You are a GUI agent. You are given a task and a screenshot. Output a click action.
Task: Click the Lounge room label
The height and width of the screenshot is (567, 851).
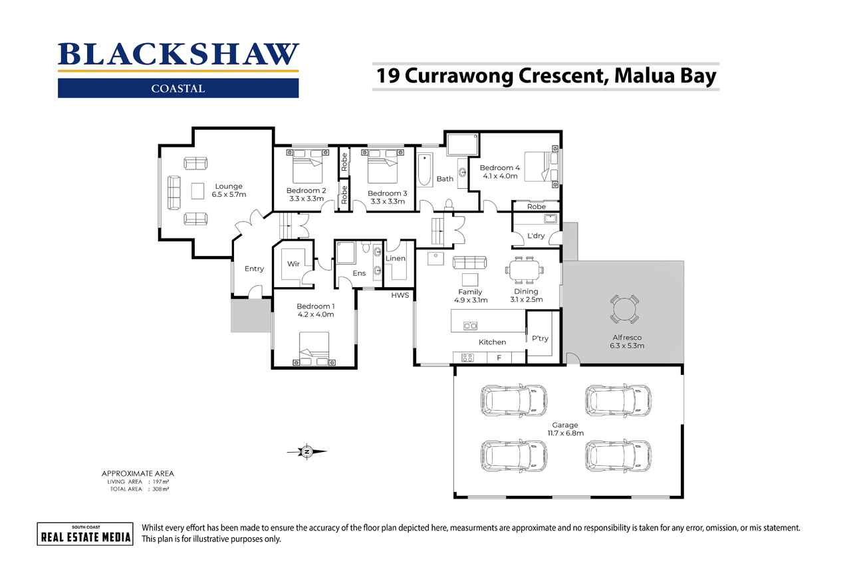coord(229,187)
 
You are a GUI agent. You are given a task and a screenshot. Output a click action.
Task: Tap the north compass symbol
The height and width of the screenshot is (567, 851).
coord(307,452)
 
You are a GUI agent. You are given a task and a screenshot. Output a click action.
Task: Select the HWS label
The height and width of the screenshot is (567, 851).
coord(400,295)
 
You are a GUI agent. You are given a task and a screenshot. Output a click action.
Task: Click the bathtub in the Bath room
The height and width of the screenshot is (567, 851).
coord(424,170)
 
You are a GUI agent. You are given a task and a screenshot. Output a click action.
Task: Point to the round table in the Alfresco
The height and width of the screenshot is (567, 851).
coord(624,309)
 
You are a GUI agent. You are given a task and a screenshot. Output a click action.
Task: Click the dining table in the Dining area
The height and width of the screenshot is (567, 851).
coord(525,271)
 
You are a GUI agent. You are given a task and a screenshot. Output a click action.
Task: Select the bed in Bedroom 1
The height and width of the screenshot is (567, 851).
coord(314,348)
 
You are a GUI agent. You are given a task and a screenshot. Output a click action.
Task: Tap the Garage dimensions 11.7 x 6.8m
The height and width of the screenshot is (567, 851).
coord(566,433)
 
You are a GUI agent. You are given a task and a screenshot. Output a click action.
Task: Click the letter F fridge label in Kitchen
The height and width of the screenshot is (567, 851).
coord(499,358)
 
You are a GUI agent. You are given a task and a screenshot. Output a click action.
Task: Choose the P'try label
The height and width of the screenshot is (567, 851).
coord(540,338)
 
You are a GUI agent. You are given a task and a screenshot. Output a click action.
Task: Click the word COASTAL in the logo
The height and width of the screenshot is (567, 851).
coord(178,89)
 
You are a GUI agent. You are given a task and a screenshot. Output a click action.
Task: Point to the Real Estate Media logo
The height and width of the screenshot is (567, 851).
coord(85,534)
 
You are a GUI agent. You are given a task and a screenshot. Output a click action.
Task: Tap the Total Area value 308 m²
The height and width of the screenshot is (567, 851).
coord(161,489)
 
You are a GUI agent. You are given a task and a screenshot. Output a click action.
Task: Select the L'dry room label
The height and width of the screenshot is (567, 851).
coord(536,236)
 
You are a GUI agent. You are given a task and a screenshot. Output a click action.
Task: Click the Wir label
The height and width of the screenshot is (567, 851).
coord(293,264)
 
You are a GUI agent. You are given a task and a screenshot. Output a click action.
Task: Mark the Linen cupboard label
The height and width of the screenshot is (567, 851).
coord(396,259)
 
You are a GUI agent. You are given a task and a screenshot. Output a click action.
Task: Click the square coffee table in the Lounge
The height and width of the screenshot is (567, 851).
coord(197,191)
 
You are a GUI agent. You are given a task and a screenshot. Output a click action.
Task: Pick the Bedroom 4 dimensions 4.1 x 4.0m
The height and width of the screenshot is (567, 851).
coord(500,176)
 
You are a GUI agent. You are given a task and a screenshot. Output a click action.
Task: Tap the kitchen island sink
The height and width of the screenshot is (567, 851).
coord(470,326)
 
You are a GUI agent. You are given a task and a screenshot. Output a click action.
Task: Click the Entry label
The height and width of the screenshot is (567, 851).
coord(254,269)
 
